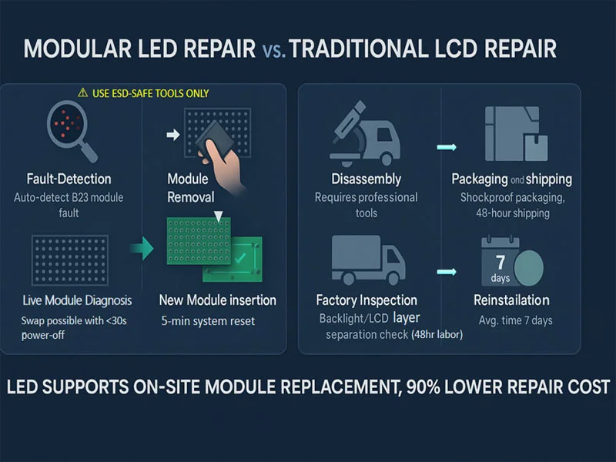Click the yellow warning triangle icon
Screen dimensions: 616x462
[82, 92]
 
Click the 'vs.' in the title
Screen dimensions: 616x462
[273, 49]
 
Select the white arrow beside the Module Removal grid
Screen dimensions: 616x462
[172, 135]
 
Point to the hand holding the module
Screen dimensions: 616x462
[222, 165]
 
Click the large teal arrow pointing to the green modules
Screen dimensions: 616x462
[142, 248]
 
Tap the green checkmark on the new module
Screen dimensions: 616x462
[239, 258]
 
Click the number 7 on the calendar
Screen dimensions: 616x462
[500, 262]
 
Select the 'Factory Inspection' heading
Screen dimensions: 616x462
[367, 300]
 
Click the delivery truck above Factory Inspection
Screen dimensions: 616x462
[368, 259]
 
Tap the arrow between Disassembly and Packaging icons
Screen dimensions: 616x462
[447, 147]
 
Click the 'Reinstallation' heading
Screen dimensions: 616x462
[511, 300]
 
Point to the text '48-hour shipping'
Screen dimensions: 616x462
[513, 213]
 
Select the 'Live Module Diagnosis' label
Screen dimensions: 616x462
[77, 300]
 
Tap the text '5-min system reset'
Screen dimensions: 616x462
[208, 321]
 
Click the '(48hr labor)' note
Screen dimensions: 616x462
[437, 334]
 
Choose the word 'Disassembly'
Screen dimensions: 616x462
[367, 179]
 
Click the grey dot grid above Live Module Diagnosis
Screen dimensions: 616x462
[70, 260]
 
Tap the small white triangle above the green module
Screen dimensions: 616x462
[218, 216]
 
